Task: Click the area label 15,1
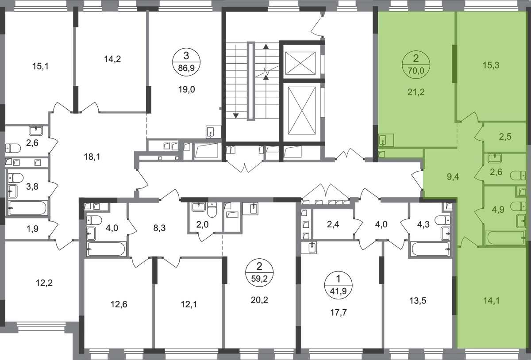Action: click(40, 67)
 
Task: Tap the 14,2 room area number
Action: click(112, 59)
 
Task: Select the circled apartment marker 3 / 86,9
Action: click(186, 62)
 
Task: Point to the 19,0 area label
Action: click(187, 90)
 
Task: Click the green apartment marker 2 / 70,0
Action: click(416, 65)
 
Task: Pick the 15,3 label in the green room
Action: click(491, 65)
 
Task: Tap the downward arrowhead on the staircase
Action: click(235, 115)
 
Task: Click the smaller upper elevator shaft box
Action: click(300, 63)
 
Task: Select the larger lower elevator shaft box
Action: click(302, 111)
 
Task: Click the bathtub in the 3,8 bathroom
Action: click(27, 208)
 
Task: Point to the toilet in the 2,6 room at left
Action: click(13, 148)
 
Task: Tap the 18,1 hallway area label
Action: click(92, 157)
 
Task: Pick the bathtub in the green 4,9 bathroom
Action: click(505, 237)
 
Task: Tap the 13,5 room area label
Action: click(418, 300)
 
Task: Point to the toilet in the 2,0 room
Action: click(212, 210)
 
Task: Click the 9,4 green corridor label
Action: click(453, 177)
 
